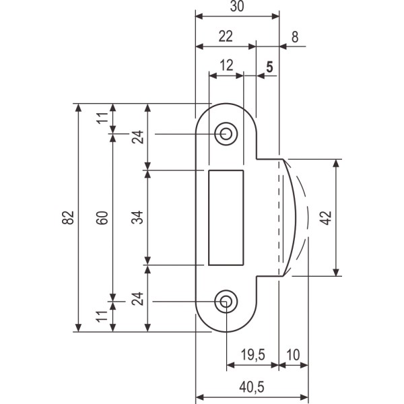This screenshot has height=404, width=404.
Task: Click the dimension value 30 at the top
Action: click(236, 6)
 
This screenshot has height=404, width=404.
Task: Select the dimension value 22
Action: click(226, 36)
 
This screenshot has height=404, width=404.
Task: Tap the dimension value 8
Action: click(295, 37)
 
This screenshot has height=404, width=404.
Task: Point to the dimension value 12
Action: click(226, 65)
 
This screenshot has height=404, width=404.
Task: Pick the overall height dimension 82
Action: click(67, 217)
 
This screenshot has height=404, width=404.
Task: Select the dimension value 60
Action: click(102, 217)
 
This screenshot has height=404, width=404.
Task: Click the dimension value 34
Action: click(137, 217)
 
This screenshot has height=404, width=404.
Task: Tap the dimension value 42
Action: click(325, 217)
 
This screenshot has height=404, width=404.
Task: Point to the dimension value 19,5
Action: click(252, 353)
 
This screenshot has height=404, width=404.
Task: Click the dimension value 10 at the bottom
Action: click(294, 353)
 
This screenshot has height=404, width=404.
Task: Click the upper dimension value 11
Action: click(102, 119)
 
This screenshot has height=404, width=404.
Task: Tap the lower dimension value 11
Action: click(102, 316)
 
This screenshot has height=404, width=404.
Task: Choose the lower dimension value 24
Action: click(137, 299)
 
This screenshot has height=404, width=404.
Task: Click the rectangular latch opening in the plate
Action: click(226, 217)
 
